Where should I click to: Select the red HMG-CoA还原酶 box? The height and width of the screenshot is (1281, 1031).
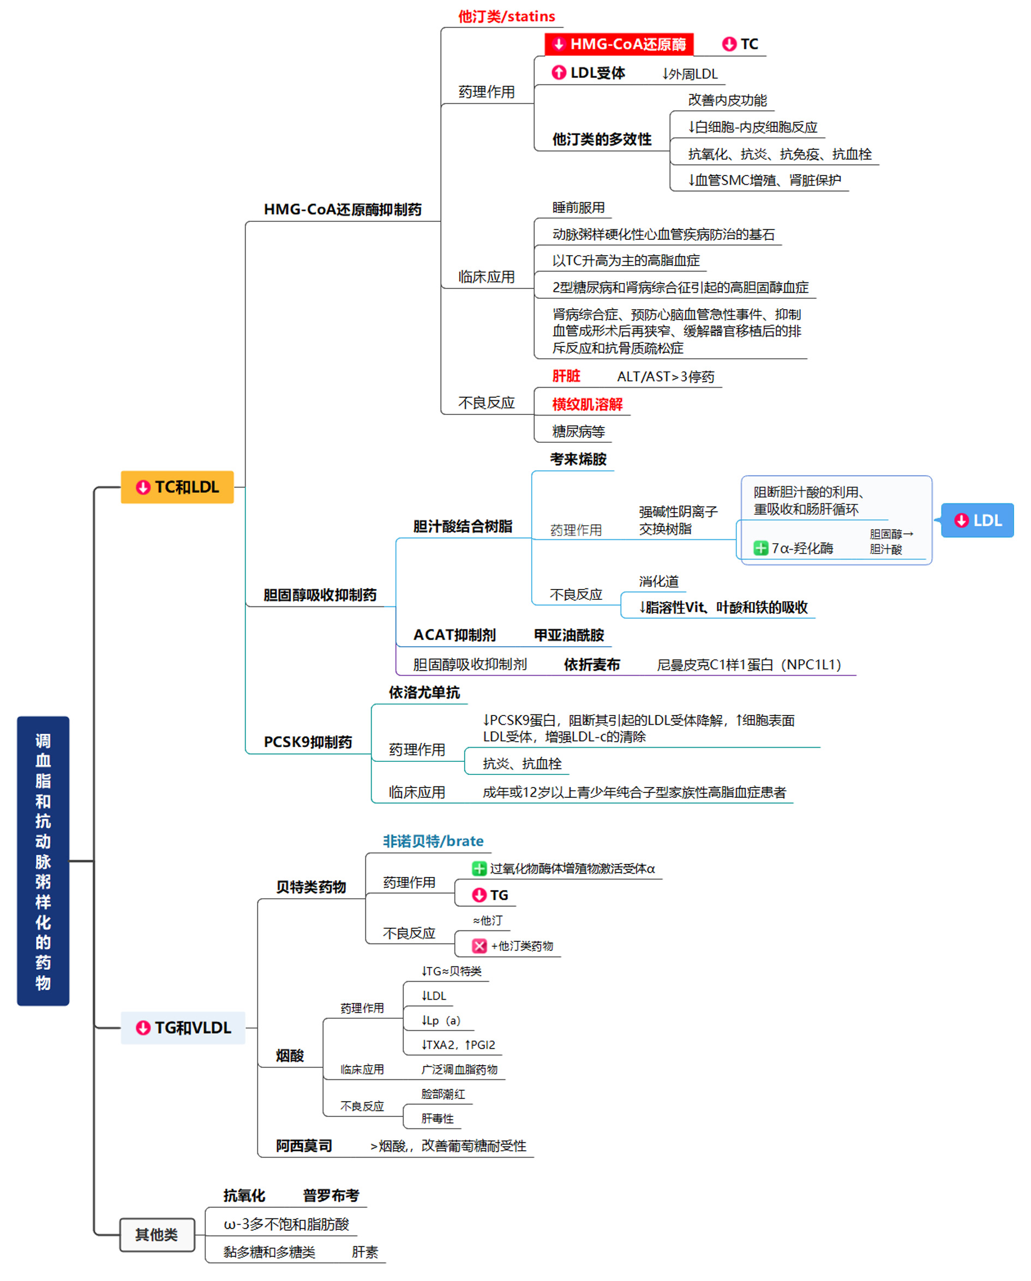(x=619, y=44)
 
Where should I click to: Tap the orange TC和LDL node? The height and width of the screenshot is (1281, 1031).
(x=177, y=487)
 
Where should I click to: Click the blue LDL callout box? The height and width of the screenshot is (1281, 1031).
(x=978, y=520)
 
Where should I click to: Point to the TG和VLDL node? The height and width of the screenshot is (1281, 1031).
(x=183, y=1028)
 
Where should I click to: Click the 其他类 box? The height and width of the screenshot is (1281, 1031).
(x=157, y=1235)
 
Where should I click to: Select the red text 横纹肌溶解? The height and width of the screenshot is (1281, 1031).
(x=587, y=405)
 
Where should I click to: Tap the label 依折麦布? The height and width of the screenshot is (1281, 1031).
(x=592, y=665)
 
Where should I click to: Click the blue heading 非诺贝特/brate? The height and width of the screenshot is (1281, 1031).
(x=433, y=841)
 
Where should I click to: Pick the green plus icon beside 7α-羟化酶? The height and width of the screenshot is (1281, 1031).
(x=760, y=549)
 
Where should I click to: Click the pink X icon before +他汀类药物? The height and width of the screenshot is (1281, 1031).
(x=479, y=946)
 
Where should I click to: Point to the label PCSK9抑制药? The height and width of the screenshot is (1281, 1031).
(x=308, y=742)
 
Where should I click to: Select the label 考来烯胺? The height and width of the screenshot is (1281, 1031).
(x=578, y=459)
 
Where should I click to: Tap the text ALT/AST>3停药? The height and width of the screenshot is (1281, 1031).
(x=666, y=377)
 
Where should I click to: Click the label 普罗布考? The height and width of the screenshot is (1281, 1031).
(x=331, y=1195)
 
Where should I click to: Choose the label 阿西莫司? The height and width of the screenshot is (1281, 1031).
(x=304, y=1146)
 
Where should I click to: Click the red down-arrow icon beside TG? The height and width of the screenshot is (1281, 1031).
(x=479, y=895)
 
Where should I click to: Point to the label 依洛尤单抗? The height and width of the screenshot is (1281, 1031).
(x=424, y=692)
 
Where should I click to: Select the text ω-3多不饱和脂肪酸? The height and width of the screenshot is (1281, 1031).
(x=286, y=1224)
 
